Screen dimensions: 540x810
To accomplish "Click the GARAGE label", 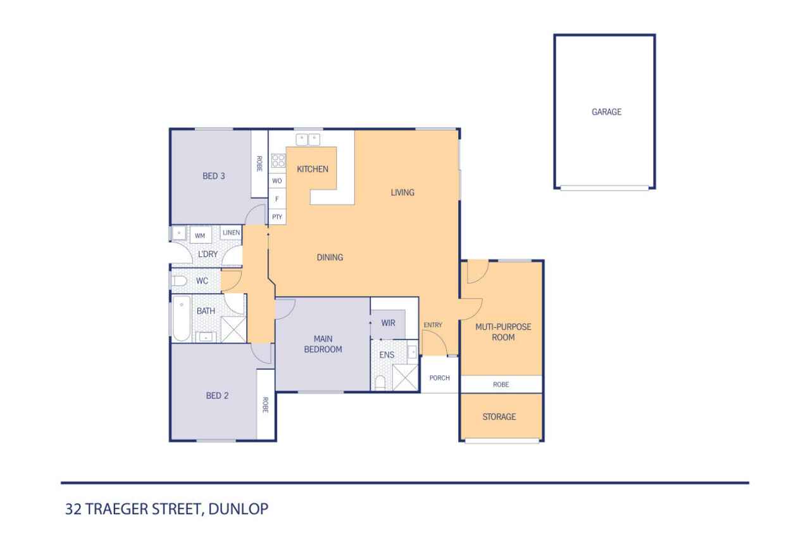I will (606, 112).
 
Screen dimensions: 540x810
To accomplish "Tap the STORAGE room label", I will (499, 417).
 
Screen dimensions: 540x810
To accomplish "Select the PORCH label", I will (439, 378).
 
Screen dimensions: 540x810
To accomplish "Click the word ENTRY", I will (433, 325).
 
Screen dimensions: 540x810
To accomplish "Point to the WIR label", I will (388, 323).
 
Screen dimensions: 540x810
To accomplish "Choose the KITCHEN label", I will (313, 169).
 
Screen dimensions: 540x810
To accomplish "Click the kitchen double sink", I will (309, 139).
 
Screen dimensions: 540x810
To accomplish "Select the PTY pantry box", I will (277, 217).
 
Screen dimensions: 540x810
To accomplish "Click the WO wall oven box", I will (277, 181).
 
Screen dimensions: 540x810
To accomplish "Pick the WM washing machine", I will (200, 235).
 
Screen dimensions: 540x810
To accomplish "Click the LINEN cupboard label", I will (230, 233).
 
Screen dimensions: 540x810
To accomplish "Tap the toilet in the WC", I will (178, 280).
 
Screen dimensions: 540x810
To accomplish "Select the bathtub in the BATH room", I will (182, 319).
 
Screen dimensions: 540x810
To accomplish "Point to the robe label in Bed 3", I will (259, 164).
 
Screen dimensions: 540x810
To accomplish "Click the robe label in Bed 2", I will (265, 404).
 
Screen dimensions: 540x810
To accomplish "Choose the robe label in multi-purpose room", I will (501, 384).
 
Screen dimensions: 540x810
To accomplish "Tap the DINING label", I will (330, 258).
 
